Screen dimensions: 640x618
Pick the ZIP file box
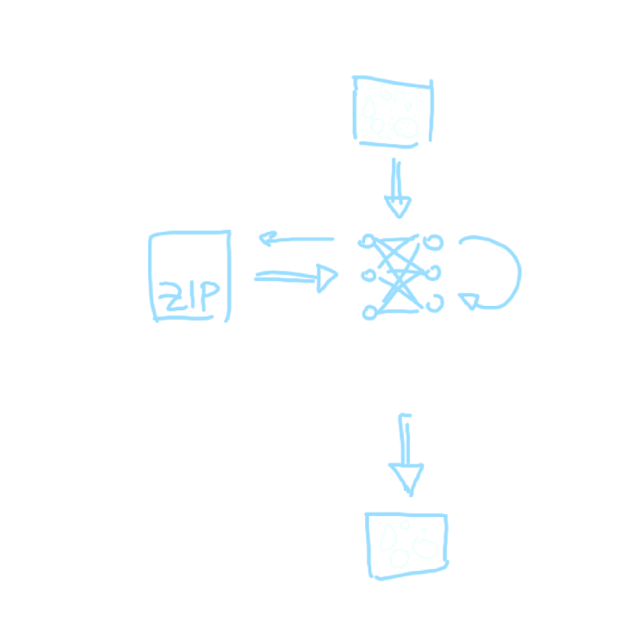[x=190, y=276]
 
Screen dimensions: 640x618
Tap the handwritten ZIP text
[x=190, y=297]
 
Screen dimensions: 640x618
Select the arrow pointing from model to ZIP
[x=296, y=241]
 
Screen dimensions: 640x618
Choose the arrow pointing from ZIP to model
[x=296, y=276]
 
